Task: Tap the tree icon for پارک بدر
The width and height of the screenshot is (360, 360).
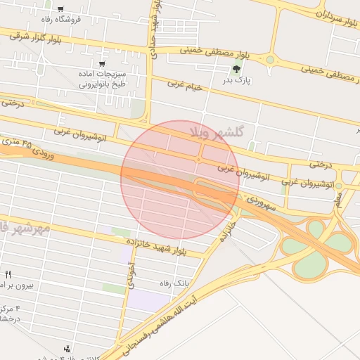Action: pos(236,69)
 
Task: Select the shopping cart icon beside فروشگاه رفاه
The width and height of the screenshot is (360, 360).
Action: pos(60,9)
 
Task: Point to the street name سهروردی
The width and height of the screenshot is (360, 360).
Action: pos(262,204)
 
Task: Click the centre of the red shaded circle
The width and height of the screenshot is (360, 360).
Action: pos(180,179)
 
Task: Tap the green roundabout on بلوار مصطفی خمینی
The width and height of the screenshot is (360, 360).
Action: pos(270,60)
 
